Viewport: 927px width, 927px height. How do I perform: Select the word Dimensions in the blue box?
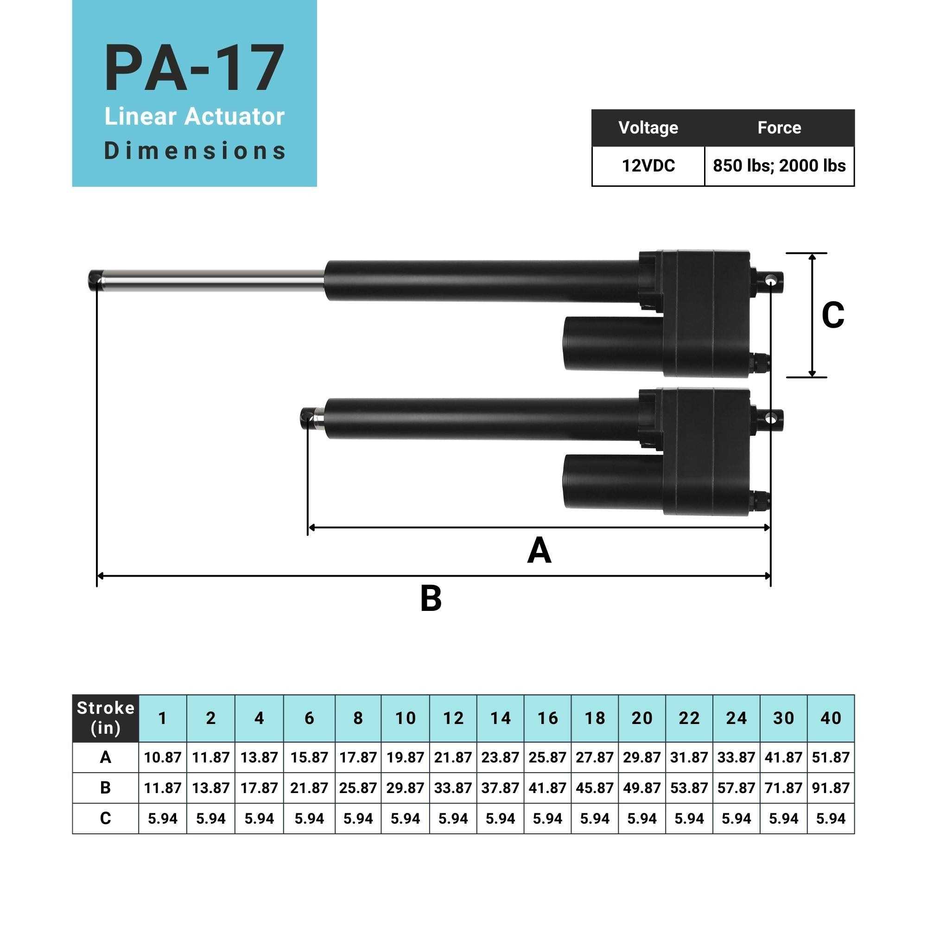[195, 151]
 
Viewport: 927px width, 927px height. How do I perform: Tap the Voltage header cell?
[648, 127]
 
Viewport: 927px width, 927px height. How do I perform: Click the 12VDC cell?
[648, 166]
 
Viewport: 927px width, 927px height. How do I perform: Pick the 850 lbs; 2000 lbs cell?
[779, 166]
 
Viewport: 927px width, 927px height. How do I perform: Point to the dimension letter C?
[832, 315]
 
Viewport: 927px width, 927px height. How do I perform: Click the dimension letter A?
[539, 551]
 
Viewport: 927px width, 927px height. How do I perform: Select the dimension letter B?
[431, 599]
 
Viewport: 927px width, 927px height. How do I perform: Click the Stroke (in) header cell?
[106, 718]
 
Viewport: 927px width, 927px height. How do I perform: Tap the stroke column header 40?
[831, 718]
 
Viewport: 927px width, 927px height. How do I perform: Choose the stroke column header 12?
[453, 718]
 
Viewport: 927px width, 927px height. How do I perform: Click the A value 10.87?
[163, 758]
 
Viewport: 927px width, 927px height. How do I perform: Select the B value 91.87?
[831, 788]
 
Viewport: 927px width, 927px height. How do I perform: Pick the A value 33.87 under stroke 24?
[736, 758]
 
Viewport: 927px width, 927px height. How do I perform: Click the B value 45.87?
[595, 788]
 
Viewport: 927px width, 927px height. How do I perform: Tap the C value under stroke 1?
[163, 819]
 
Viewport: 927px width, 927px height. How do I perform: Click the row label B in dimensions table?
[106, 788]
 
